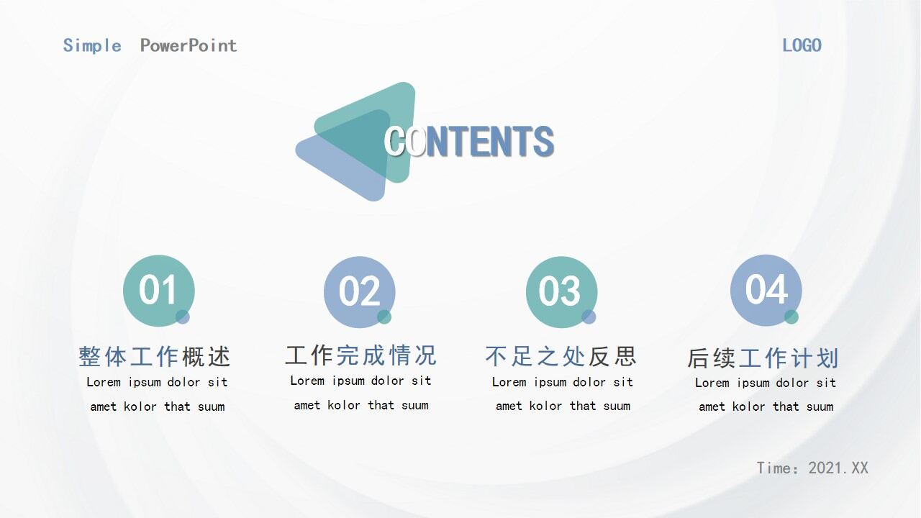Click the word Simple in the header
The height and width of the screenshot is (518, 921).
92,45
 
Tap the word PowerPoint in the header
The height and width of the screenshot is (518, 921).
189,45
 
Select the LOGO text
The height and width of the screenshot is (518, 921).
802,45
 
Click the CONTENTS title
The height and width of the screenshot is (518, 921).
469,141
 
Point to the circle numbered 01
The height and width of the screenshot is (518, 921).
158,290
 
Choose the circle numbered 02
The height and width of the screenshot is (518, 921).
359,291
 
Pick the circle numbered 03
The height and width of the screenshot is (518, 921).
561,291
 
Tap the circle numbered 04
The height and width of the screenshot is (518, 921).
766,289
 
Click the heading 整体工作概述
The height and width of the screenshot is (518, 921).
155,356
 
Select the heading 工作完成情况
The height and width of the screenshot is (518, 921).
360,355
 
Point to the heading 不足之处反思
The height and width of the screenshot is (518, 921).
561,355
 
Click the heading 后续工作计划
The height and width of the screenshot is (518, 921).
763,358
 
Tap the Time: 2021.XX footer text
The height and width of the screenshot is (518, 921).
812,468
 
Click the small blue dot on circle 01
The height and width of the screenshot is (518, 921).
183,317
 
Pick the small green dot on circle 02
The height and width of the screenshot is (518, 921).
384,317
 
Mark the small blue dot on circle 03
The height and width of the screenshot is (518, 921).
589,317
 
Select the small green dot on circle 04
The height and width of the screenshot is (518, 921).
791,317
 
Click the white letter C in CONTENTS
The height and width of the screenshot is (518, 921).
395,141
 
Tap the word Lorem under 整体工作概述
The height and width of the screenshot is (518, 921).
104,382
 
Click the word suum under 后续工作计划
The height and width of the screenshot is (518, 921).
820,406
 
